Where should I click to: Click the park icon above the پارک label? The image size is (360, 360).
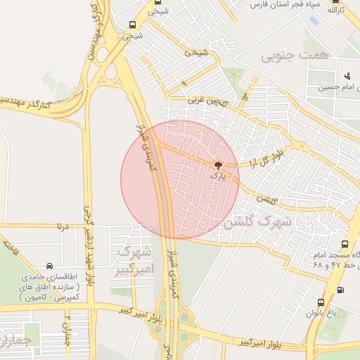click(217, 166)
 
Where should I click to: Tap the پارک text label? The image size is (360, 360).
click(219, 177)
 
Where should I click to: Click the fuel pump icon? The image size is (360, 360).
click(341, 289)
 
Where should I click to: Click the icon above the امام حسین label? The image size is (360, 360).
click(347, 76)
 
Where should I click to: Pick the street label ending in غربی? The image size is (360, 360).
click(208, 101)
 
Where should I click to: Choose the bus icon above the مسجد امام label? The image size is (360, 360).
click(345, 244)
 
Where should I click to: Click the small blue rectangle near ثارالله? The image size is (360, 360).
click(311, 21)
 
